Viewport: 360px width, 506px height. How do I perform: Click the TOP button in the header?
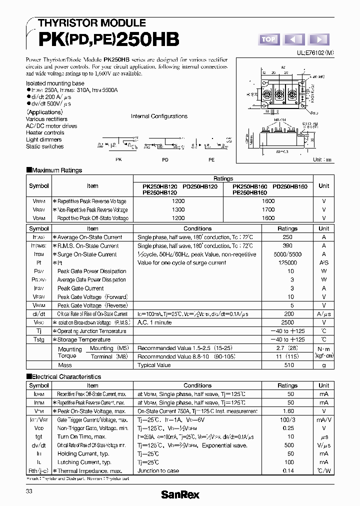click(x=268, y=39)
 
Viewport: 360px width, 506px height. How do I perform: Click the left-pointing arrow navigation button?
click(x=294, y=39)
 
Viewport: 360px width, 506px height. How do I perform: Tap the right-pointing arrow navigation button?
click(x=319, y=39)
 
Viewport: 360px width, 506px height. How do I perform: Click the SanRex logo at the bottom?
click(x=179, y=494)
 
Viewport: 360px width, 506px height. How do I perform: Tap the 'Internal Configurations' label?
click(x=159, y=116)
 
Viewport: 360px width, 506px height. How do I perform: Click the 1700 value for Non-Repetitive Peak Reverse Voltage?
click(x=268, y=209)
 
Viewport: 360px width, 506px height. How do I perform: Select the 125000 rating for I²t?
click(x=287, y=263)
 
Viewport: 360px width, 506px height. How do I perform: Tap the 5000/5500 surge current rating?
click(x=287, y=254)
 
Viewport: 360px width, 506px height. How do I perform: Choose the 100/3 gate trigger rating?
click(x=287, y=419)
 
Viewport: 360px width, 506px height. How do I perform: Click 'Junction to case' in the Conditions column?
click(x=158, y=470)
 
